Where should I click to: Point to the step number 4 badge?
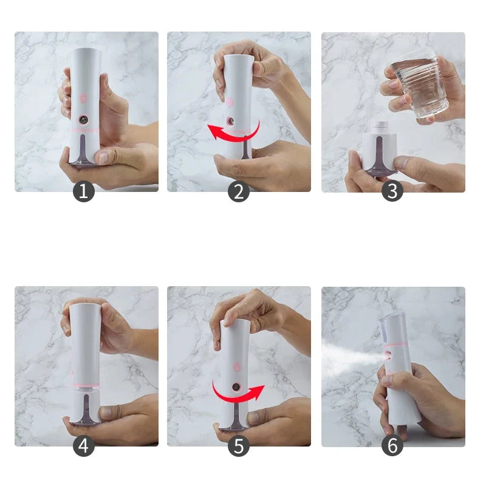click(x=84, y=447)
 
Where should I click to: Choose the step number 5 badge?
click(x=239, y=447)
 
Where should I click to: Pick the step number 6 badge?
click(x=392, y=447)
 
